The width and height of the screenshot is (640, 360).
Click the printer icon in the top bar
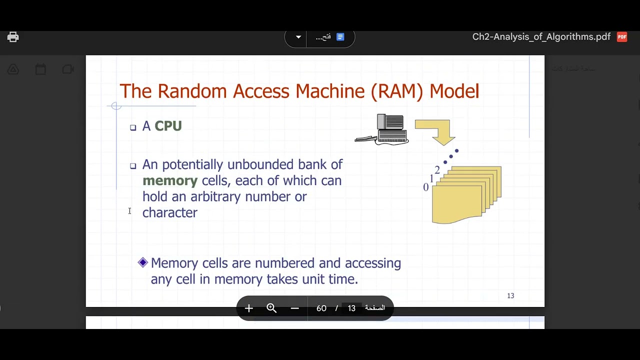(13, 37)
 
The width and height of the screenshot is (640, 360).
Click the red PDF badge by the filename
(622, 37)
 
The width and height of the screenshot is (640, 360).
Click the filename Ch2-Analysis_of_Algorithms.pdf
(541, 37)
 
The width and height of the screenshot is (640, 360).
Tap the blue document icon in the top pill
(340, 37)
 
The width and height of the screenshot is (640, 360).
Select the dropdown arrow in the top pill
(298, 37)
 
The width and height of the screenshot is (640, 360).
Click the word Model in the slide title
(454, 91)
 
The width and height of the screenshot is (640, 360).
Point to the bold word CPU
(168, 126)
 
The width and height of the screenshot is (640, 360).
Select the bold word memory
(170, 180)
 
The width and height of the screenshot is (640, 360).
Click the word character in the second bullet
(170, 212)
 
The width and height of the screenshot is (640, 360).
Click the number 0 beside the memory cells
(426, 187)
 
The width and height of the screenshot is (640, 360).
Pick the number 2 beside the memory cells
(437, 170)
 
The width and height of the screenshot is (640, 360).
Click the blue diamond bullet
(143, 262)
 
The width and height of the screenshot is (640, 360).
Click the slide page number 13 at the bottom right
(510, 296)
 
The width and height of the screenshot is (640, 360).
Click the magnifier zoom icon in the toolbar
(271, 308)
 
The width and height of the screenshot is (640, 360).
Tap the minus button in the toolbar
(294, 308)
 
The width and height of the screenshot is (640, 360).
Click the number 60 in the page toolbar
(321, 308)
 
